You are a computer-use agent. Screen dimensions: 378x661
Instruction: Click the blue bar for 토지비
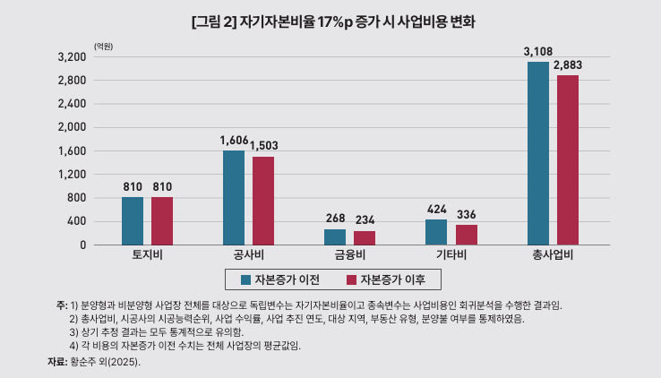(133, 220)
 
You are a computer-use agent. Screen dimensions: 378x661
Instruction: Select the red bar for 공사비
(263, 200)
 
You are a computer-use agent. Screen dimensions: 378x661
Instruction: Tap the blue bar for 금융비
(335, 236)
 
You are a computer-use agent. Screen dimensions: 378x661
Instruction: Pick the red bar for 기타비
(466, 234)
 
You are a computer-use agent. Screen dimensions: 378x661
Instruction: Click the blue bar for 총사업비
(538, 152)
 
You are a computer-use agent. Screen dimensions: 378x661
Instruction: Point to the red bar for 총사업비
(568, 159)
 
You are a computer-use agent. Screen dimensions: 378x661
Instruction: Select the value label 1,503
(263, 146)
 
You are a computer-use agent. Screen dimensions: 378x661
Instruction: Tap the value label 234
(365, 220)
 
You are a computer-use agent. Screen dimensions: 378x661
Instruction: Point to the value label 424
(436, 209)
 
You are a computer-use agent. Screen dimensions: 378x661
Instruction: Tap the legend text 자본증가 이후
(393, 280)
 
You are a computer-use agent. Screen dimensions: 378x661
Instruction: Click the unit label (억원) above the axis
(104, 44)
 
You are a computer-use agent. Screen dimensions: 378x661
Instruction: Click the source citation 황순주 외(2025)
(107, 362)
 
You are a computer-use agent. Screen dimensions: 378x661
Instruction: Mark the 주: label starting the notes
(61, 305)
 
